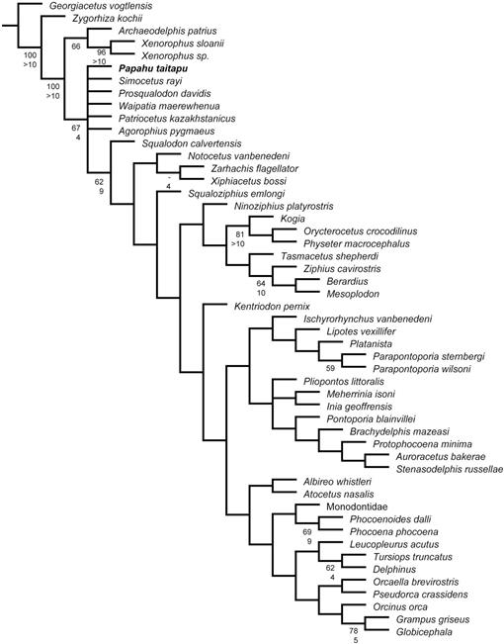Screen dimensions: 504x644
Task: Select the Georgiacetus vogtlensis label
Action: click(101, 6)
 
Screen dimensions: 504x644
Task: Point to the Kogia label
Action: click(293, 219)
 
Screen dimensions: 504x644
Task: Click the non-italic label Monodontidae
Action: click(357, 506)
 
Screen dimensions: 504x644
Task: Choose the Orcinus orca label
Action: click(400, 607)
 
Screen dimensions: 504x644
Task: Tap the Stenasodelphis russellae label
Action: click(450, 469)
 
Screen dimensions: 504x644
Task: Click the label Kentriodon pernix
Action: click(272, 307)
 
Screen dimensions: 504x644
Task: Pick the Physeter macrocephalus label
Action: click(357, 244)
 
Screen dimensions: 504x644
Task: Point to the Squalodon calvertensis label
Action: click(192, 143)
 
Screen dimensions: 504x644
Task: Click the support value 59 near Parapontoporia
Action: click(330, 368)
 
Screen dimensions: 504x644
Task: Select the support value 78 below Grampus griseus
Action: click(354, 631)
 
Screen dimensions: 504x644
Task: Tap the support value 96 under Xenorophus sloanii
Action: click(101, 52)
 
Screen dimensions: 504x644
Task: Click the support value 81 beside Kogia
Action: click(240, 234)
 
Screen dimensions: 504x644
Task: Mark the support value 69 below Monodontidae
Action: click(307, 532)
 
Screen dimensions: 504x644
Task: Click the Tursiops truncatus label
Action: click(412, 557)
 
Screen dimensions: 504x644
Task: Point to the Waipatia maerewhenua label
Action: click(169, 106)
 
